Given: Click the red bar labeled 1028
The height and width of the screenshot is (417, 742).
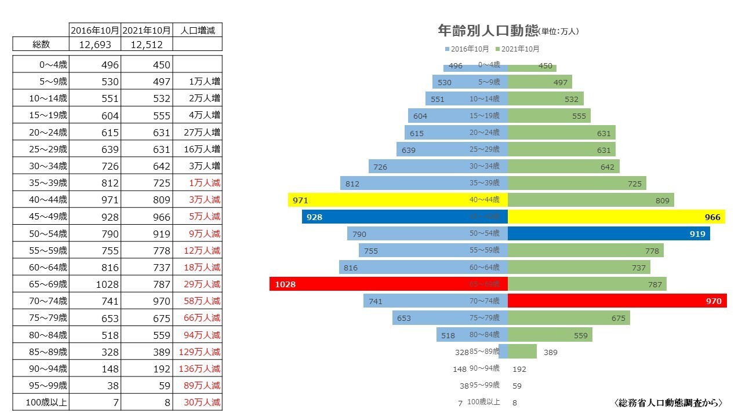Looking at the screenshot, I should (x=388, y=284).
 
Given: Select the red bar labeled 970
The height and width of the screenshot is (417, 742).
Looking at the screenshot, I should (x=617, y=301).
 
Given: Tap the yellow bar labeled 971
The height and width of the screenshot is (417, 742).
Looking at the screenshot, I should (x=398, y=200).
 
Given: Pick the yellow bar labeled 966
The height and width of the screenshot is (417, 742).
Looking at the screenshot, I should (x=617, y=217).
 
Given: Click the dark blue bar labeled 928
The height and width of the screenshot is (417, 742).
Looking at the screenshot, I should (x=405, y=217).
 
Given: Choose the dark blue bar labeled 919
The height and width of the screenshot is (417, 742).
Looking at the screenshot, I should (x=609, y=233).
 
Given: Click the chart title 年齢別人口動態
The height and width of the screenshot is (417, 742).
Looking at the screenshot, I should (x=487, y=31).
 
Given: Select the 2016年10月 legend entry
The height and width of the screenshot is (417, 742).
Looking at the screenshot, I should (x=467, y=49).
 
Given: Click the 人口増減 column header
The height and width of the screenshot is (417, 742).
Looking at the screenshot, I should (x=197, y=30).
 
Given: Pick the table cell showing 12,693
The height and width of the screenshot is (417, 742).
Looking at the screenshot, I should (x=95, y=45).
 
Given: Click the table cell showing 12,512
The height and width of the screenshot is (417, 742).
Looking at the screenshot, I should (x=147, y=45).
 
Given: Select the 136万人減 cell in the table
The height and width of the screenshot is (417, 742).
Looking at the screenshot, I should (x=197, y=368).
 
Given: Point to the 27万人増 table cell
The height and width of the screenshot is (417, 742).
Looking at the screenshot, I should (x=197, y=132).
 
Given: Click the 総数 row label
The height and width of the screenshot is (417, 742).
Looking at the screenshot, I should (x=41, y=45).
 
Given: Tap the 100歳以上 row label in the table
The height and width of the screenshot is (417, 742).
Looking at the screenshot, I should (x=41, y=402).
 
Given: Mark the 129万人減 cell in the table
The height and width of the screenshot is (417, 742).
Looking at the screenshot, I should (x=197, y=352).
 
